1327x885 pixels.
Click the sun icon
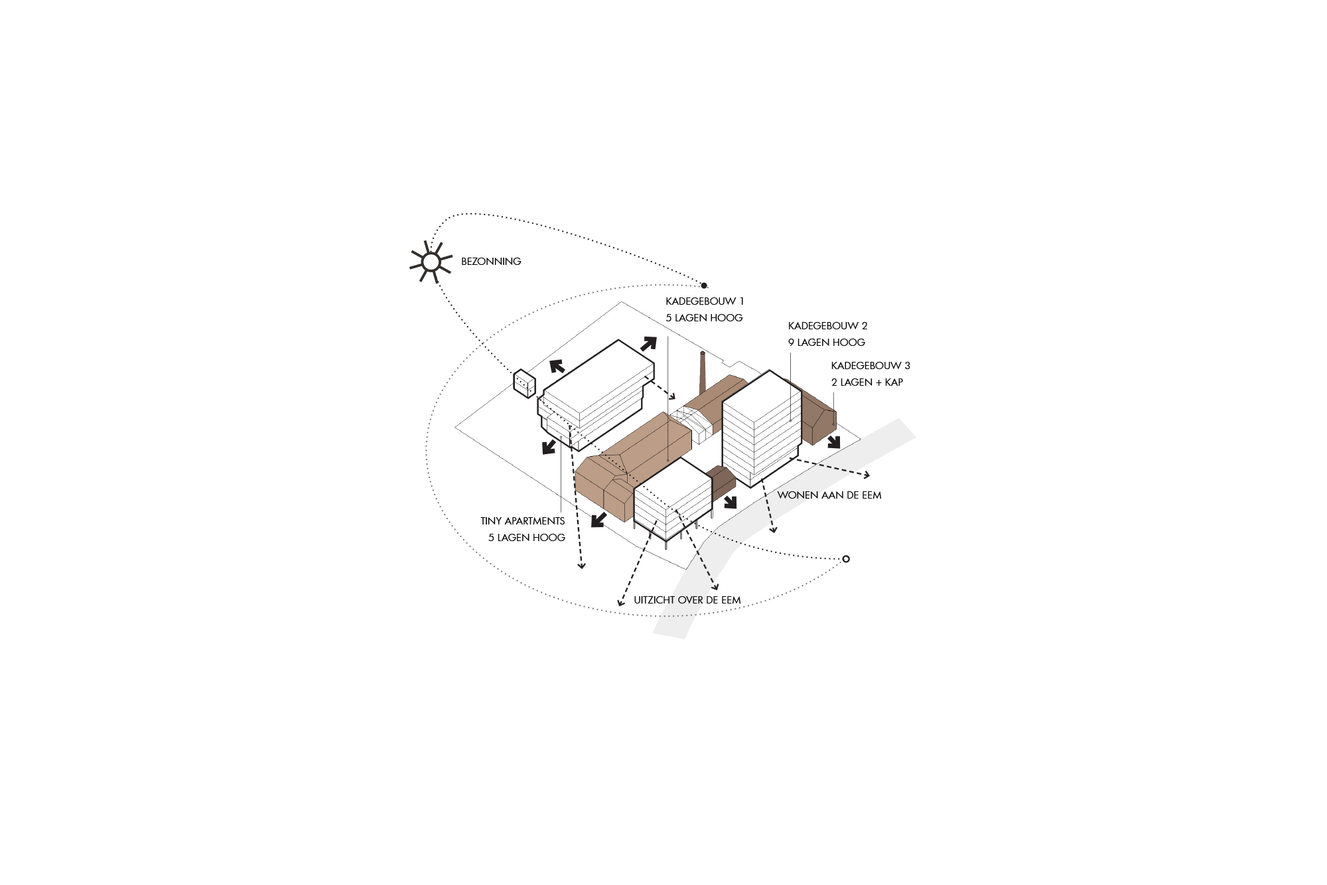(431, 262)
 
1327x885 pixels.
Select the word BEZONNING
(491, 262)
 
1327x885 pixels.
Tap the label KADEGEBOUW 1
(705, 301)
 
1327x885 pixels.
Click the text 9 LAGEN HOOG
(827, 343)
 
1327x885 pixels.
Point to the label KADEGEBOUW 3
(871, 366)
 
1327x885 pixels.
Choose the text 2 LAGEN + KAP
(867, 382)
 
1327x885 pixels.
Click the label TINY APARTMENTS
(523, 521)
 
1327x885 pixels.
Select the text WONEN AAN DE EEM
(829, 495)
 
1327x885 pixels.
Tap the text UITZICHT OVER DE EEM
(687, 600)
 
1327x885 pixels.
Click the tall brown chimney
(703, 373)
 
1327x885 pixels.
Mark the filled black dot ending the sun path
(704, 285)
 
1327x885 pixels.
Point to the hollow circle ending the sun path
(846, 559)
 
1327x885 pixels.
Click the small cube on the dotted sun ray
(524, 383)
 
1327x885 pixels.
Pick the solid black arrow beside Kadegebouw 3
(834, 442)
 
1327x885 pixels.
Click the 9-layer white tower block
(760, 429)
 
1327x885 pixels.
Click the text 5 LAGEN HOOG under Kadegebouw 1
(704, 318)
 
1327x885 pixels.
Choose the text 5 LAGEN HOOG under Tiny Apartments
(527, 538)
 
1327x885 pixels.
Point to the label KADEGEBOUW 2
(828, 326)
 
